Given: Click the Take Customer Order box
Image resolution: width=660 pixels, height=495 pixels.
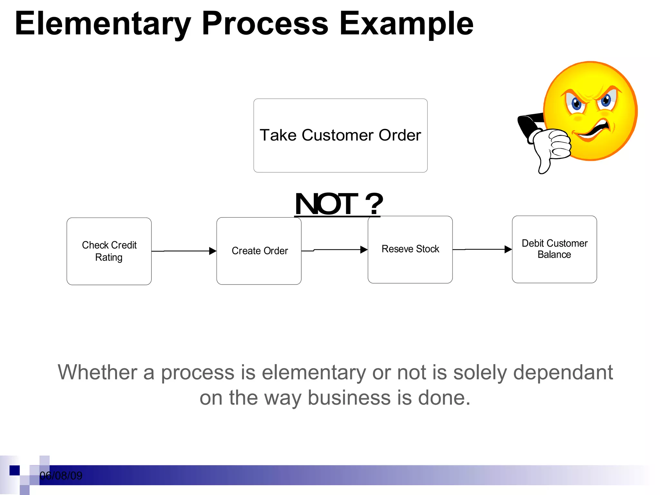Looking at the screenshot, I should [x=340, y=135].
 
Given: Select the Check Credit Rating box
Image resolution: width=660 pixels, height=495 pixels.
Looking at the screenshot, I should [x=109, y=251].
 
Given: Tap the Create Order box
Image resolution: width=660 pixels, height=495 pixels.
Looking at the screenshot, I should [x=259, y=251].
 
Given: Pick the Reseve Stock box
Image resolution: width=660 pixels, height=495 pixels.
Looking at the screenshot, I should [x=410, y=249].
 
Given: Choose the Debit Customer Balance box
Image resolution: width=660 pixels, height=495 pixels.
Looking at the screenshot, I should [x=554, y=249].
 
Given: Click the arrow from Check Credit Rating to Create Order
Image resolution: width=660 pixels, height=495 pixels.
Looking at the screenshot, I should [x=184, y=251].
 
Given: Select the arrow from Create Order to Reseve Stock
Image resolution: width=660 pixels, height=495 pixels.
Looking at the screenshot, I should [x=335, y=250].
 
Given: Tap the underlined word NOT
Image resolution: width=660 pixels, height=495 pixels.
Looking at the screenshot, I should [x=326, y=204].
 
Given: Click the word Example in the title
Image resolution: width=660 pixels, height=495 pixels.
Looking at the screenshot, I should [x=406, y=24].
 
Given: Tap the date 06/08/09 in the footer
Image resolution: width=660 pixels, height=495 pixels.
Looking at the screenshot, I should [x=61, y=476].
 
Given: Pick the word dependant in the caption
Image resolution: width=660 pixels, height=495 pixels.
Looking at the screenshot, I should [x=563, y=373].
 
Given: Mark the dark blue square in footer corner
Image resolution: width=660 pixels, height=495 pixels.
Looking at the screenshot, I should [x=15, y=470].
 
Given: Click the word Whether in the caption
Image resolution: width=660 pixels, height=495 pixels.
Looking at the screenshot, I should [x=97, y=373].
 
